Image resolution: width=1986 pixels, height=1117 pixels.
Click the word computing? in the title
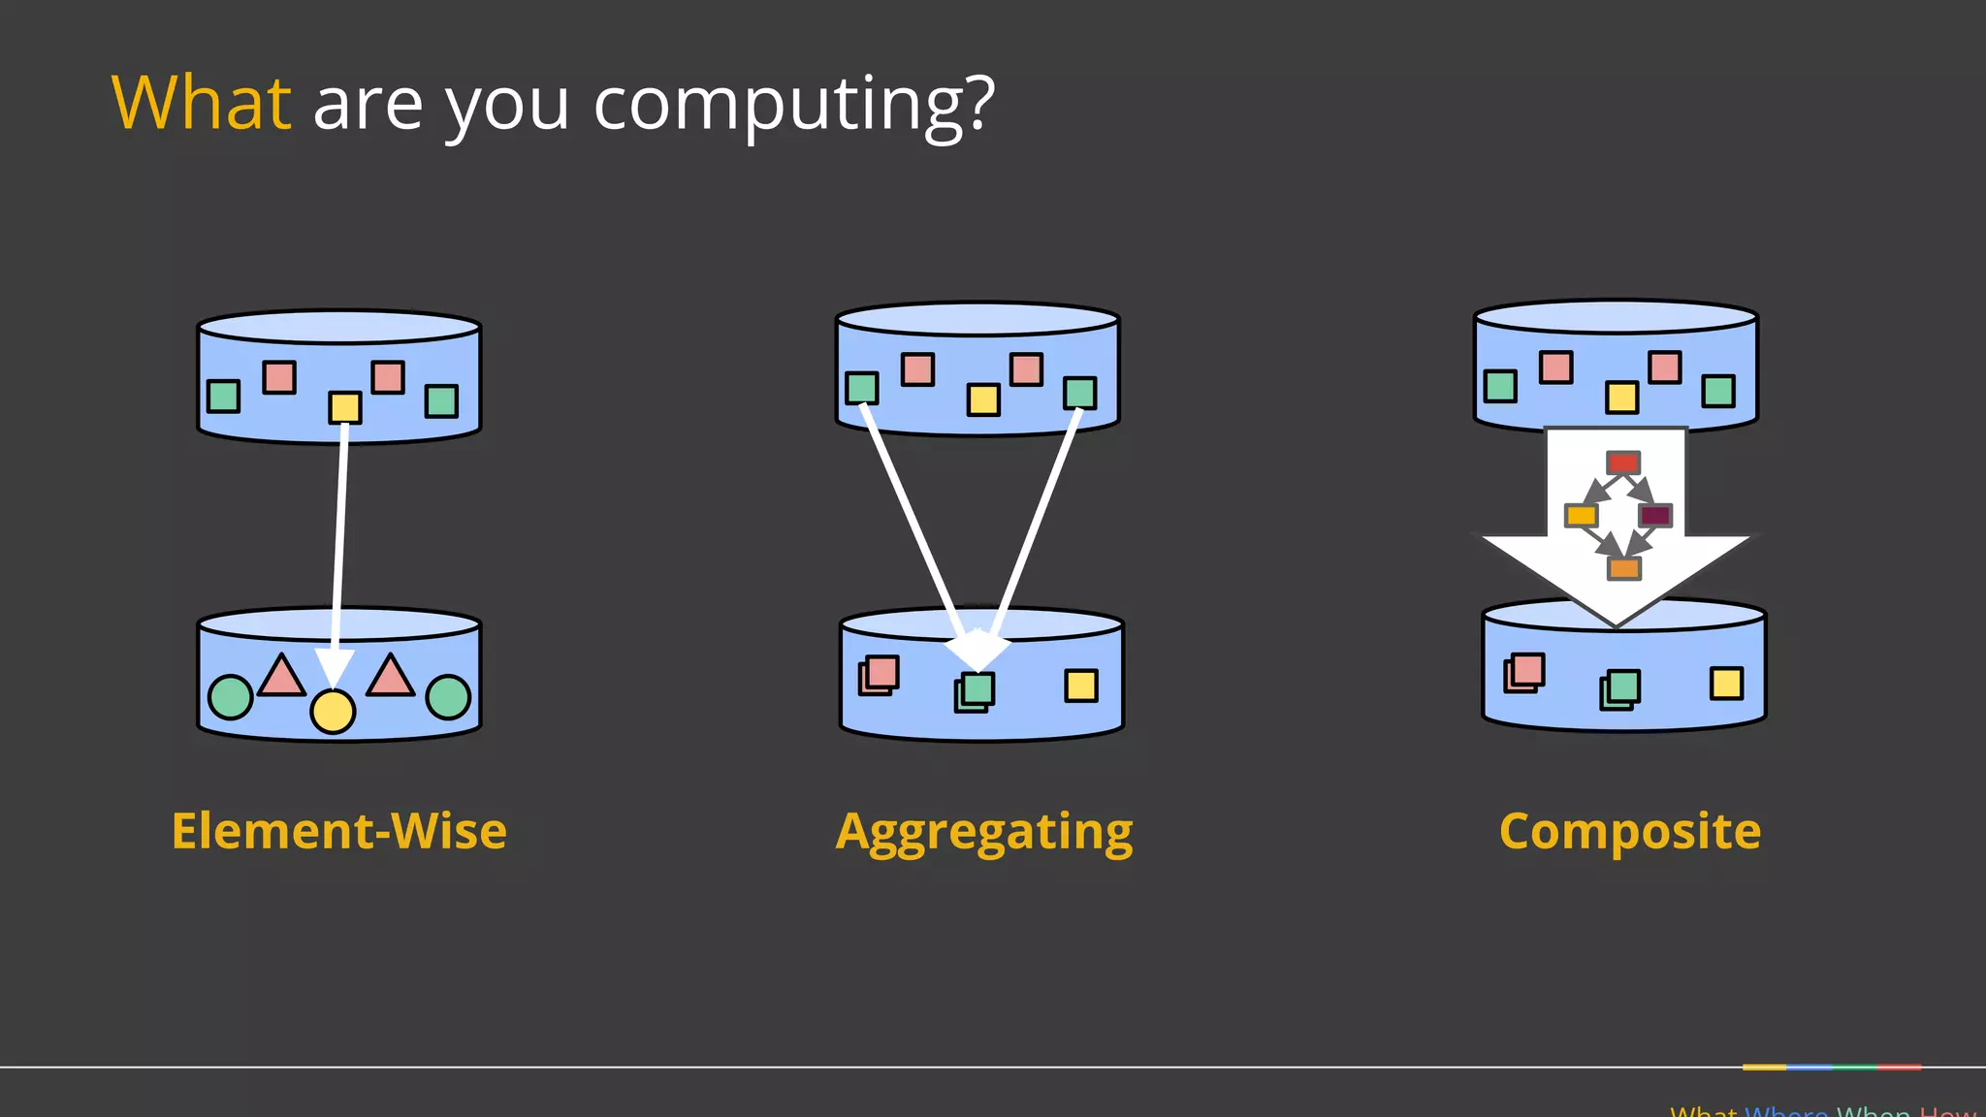point(794,105)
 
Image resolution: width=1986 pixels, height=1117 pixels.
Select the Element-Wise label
point(339,831)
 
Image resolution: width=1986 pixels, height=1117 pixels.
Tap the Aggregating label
point(984,833)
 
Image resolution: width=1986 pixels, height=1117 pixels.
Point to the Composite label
point(1630,831)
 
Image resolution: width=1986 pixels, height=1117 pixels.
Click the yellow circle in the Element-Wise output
point(333,712)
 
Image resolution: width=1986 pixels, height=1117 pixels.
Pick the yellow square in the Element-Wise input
point(345,407)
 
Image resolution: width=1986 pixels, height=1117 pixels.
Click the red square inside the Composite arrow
point(1623,463)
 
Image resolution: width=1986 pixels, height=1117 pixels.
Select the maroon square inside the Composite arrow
point(1654,515)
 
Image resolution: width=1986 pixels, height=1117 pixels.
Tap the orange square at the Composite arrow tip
point(1624,568)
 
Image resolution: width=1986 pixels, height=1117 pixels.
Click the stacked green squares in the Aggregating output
point(975,691)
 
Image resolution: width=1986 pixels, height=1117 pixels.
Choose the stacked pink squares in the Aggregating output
point(880,675)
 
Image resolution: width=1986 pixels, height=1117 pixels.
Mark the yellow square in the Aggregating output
point(1081,686)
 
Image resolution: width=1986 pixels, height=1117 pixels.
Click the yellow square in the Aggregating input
point(983,399)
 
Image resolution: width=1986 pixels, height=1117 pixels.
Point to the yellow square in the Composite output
point(1726,683)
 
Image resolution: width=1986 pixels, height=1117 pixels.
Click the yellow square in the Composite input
point(1621,397)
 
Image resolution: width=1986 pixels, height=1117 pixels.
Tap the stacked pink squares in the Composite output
point(1524,672)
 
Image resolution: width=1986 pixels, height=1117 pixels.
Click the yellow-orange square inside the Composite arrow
point(1581,515)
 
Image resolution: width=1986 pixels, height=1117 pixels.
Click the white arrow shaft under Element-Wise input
point(340,533)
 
